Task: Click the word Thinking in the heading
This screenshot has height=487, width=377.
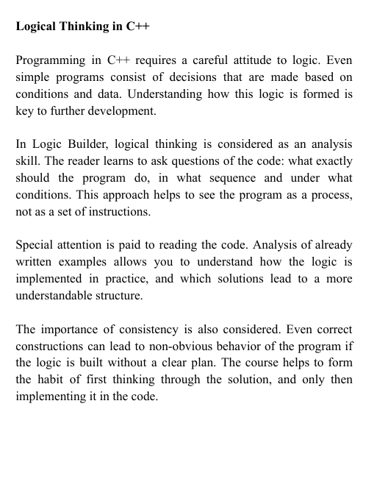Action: click(77, 26)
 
